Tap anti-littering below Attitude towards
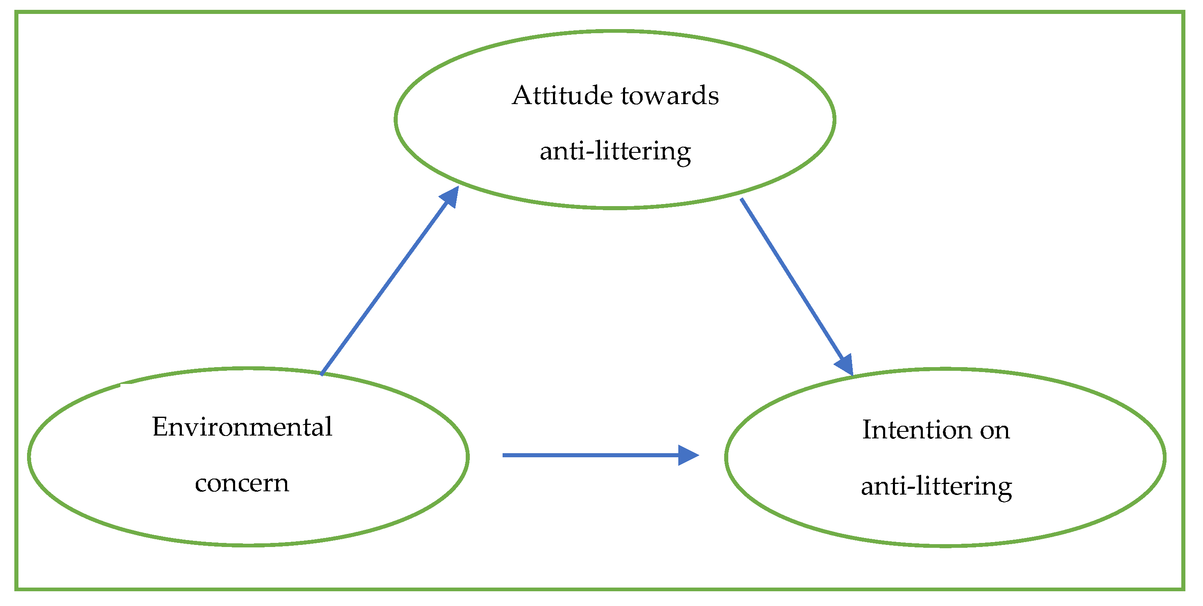point(615,151)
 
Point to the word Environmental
point(242,427)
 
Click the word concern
point(242,483)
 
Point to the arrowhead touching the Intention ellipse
point(844,364)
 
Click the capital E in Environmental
point(160,427)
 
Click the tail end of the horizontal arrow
point(504,455)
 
